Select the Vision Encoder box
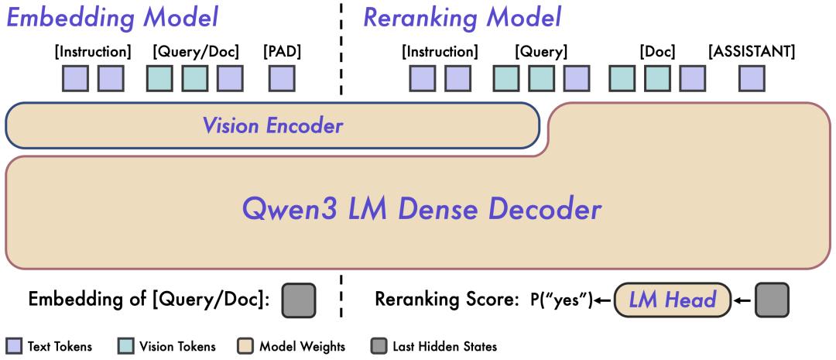pos(272,125)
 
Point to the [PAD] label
pos(282,53)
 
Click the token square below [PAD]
pos(282,78)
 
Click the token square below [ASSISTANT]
pos(752,78)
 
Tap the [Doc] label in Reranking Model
pos(657,53)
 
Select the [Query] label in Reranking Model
pos(541,53)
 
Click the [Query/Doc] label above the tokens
pos(195,53)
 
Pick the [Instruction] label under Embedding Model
pos(93,53)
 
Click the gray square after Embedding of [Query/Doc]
pos(299,300)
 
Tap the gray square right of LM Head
pos(772,300)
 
